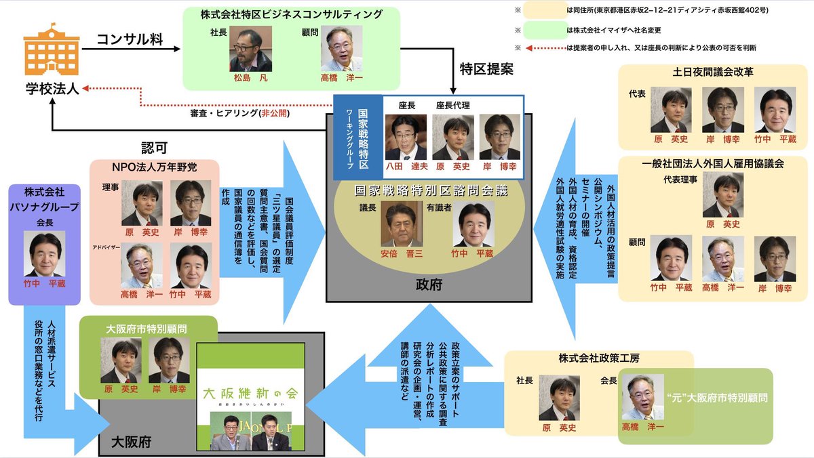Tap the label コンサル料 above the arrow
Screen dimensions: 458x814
pyautogui.click(x=129, y=39)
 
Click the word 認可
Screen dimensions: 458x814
pyautogui.click(x=155, y=147)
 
